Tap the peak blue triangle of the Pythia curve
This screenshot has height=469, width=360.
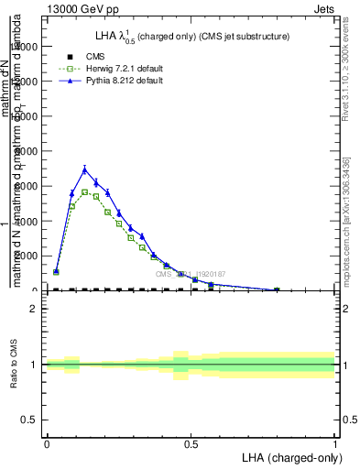(84, 169)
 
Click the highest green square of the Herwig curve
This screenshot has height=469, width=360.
(84, 191)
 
